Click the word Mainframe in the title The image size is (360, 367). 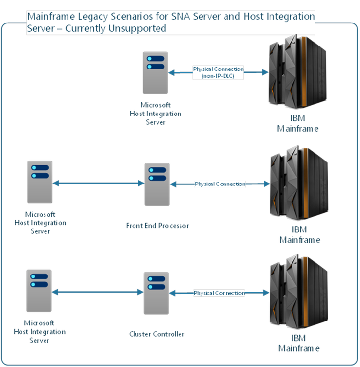click(49, 17)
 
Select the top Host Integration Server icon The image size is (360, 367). click(156, 73)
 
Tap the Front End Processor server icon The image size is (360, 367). click(157, 184)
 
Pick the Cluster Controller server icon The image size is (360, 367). click(156, 293)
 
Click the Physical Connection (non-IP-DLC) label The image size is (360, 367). click(218, 72)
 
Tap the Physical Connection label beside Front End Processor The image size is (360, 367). click(220, 184)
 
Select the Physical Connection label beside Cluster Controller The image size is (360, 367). click(219, 293)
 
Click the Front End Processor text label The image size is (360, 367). click(157, 226)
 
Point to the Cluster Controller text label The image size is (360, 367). click(157, 334)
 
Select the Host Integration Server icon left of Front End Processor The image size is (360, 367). click(40, 183)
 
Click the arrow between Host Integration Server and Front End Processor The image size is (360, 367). click(98, 183)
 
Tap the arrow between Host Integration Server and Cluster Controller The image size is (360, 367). click(97, 292)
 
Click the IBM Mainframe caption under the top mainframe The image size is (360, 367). click(298, 124)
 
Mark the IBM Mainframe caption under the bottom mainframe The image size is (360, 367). click(299, 344)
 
